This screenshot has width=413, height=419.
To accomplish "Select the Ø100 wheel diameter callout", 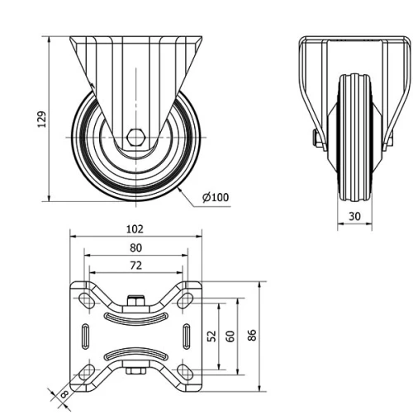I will tap(216, 196).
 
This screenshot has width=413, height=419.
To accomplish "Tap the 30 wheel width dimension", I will tap(354, 217).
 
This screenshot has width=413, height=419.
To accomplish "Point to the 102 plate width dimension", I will tap(135, 228).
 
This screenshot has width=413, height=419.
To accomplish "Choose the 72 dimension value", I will tap(135, 265).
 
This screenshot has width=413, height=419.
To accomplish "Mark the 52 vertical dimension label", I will tap(211, 337).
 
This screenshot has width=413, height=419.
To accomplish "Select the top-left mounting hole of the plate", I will tap(85, 298).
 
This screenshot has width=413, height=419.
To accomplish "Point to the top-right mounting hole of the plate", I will tap(186, 298).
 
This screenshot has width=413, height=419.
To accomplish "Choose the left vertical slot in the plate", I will tap(85, 336).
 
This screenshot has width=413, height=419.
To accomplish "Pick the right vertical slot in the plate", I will tap(186, 336).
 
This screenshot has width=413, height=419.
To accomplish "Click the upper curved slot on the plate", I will tap(135, 314).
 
